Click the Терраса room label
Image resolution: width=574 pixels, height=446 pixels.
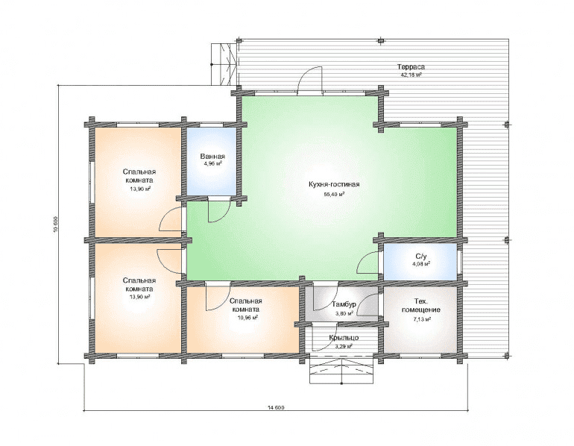(411, 67)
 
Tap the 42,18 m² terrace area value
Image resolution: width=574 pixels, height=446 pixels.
(411, 75)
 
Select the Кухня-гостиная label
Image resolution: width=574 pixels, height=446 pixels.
(334, 184)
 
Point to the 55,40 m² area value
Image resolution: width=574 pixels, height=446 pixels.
(334, 195)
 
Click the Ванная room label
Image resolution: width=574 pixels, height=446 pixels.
(212, 157)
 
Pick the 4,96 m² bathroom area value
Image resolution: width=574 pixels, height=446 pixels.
(212, 164)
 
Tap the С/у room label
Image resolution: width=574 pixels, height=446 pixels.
(421, 256)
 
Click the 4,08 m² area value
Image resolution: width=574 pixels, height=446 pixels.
(421, 263)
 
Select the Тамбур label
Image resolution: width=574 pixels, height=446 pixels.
(344, 304)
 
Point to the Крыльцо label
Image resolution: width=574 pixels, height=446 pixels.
(344, 338)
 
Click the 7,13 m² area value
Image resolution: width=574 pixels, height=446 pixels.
(421, 319)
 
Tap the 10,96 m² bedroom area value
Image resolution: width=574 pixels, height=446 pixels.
(247, 317)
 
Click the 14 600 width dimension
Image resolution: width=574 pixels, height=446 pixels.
(277, 407)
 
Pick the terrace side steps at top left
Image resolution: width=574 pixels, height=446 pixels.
(224, 64)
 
